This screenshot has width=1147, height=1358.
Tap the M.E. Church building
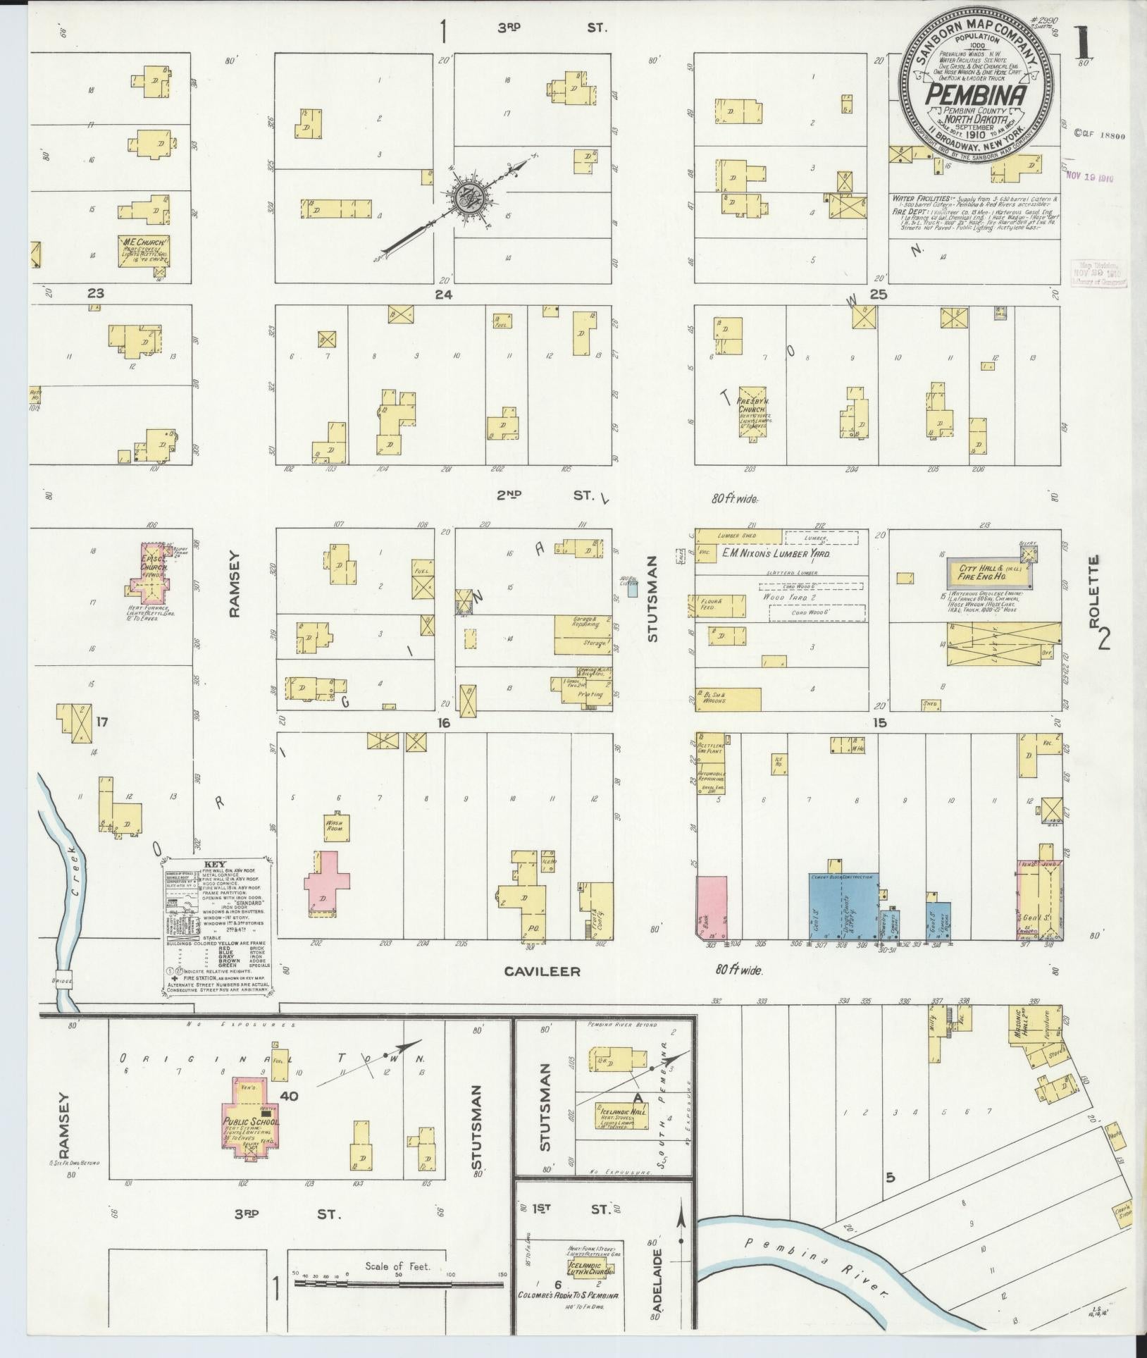pos(143,251)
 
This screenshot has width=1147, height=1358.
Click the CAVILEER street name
pos(542,972)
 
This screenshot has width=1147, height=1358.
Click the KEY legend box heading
pos(213,864)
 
